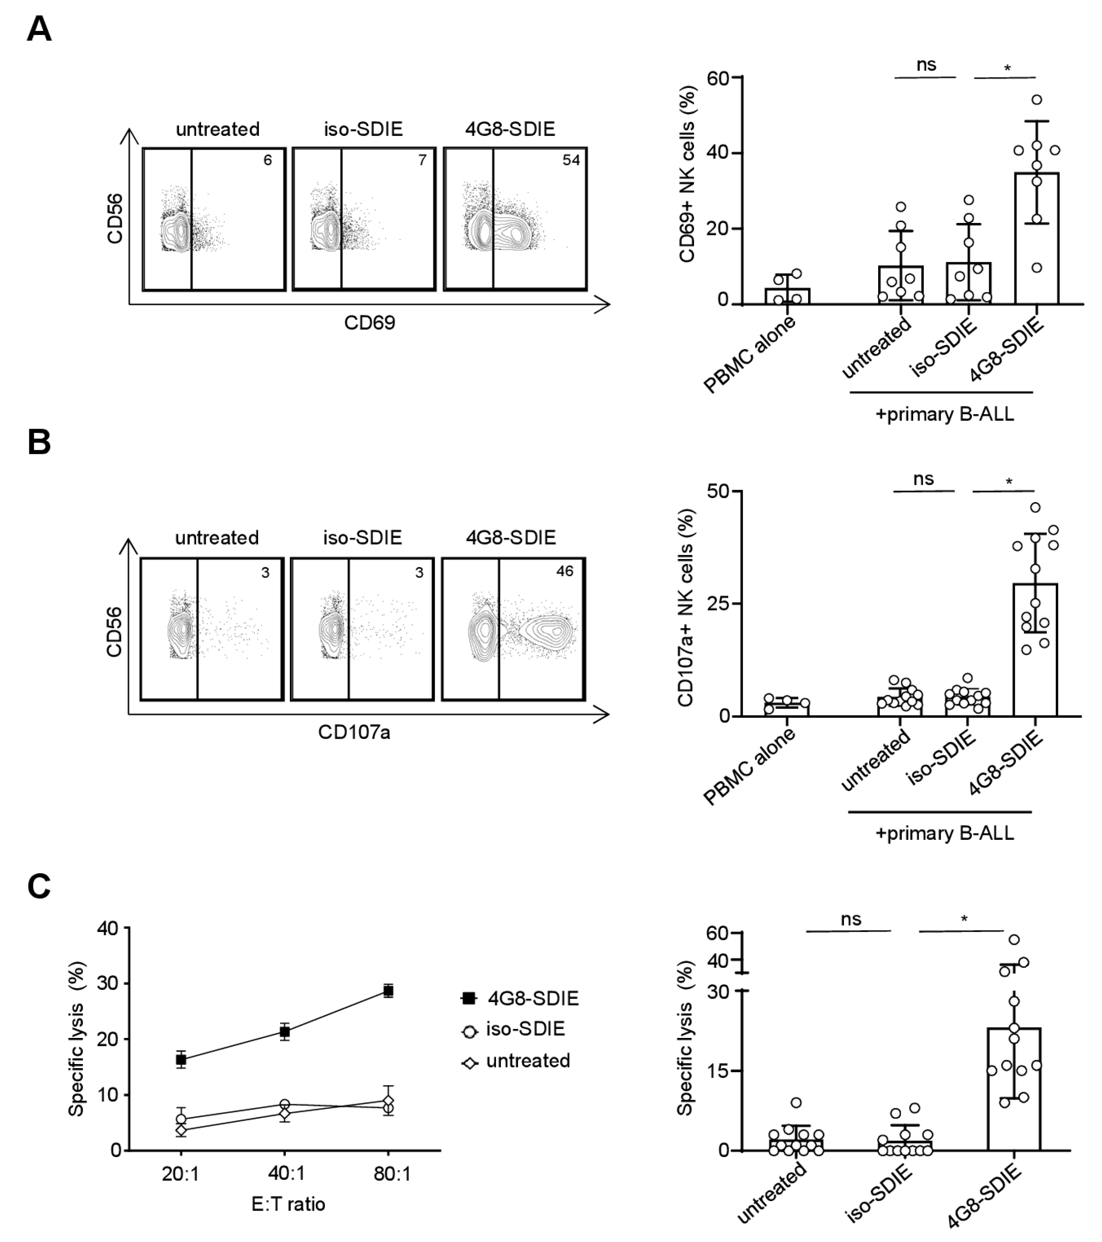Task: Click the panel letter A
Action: tap(39, 29)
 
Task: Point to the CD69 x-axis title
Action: tap(370, 322)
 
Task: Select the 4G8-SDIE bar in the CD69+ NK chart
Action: tap(1037, 238)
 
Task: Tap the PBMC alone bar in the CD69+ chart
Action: tap(787, 296)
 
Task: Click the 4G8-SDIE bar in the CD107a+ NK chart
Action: tap(1035, 650)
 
